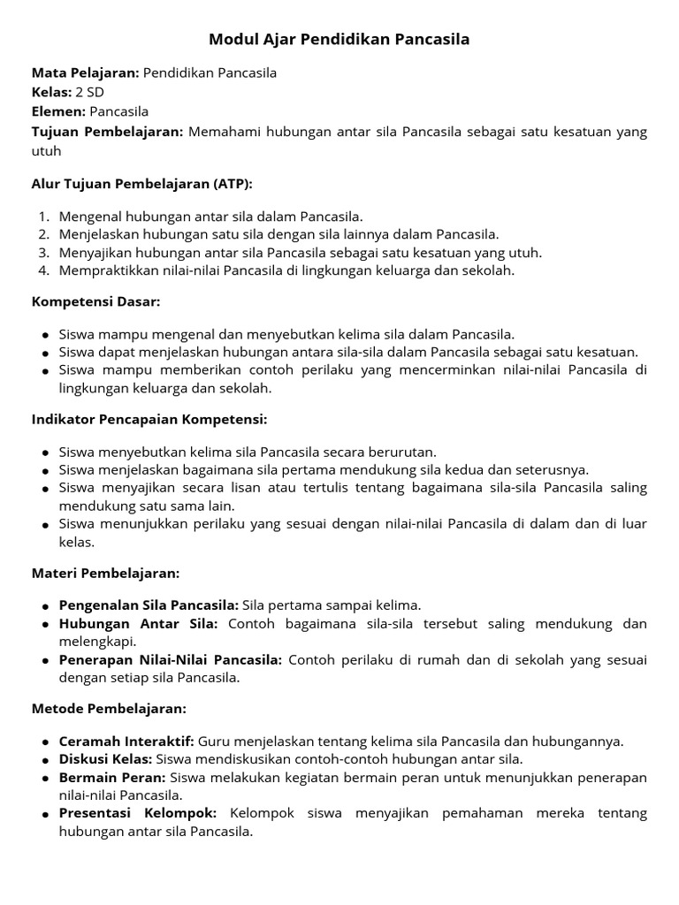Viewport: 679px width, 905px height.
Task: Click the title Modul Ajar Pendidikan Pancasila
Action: (x=339, y=40)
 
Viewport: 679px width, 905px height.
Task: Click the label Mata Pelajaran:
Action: (x=85, y=72)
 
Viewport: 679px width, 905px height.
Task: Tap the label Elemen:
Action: (x=58, y=111)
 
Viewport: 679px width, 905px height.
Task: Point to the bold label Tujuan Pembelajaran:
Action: (x=107, y=132)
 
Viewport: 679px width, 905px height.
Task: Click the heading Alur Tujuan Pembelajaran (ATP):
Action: (x=142, y=184)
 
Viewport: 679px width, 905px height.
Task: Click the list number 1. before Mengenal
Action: (x=44, y=217)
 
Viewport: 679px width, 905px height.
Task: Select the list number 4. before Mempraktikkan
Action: (x=44, y=270)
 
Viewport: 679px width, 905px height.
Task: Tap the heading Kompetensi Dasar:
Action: (x=95, y=302)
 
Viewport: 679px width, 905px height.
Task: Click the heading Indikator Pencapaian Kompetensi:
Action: (x=149, y=419)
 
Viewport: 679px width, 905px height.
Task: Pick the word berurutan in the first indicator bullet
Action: (x=403, y=452)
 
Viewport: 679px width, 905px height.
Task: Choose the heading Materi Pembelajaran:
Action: (x=105, y=573)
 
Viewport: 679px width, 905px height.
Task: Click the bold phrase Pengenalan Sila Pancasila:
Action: (x=149, y=605)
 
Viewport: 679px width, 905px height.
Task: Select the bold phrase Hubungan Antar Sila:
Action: (x=138, y=624)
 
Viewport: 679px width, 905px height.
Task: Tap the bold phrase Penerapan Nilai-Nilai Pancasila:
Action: (x=171, y=660)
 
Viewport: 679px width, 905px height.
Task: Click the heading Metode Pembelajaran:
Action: (x=109, y=709)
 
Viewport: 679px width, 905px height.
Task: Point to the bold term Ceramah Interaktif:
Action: (x=126, y=741)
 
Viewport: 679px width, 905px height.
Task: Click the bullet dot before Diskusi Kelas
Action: (x=45, y=760)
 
